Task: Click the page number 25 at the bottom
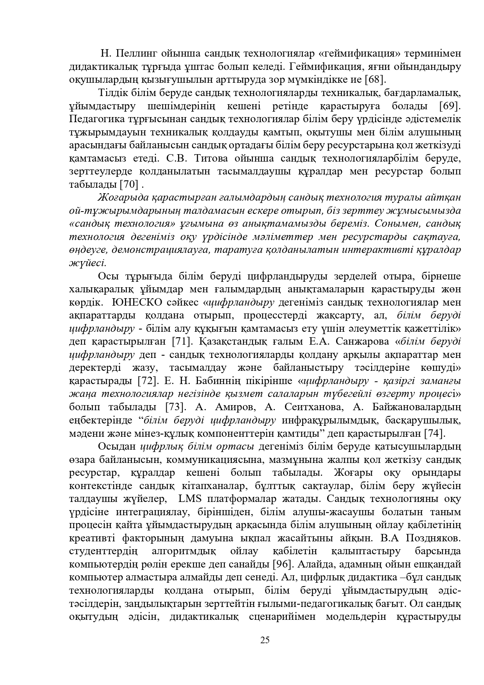(265, 640)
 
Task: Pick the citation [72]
(148, 381)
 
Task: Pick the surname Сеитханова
(308, 407)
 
